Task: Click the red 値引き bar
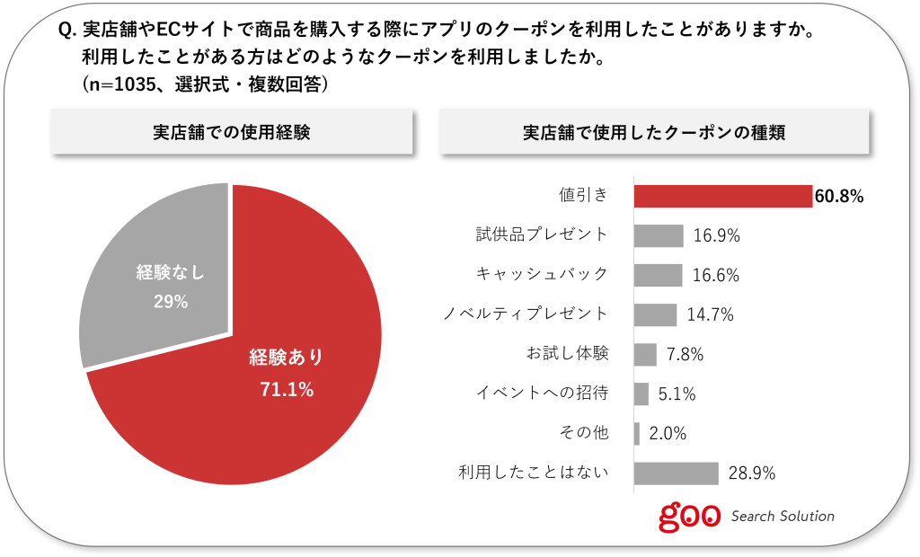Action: click(x=723, y=196)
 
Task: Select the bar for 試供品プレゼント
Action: click(x=659, y=235)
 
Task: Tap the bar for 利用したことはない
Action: click(x=677, y=473)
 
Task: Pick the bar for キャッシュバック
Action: click(x=658, y=275)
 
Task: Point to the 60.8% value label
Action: click(x=839, y=196)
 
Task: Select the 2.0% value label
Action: click(x=668, y=433)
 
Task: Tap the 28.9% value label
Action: click(x=753, y=473)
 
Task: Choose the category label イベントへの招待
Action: click(x=542, y=393)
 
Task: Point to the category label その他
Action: click(x=584, y=432)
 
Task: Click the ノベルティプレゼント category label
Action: click(x=526, y=314)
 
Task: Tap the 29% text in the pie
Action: click(x=170, y=302)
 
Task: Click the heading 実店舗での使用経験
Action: click(x=231, y=133)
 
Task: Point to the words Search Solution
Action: click(x=783, y=517)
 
